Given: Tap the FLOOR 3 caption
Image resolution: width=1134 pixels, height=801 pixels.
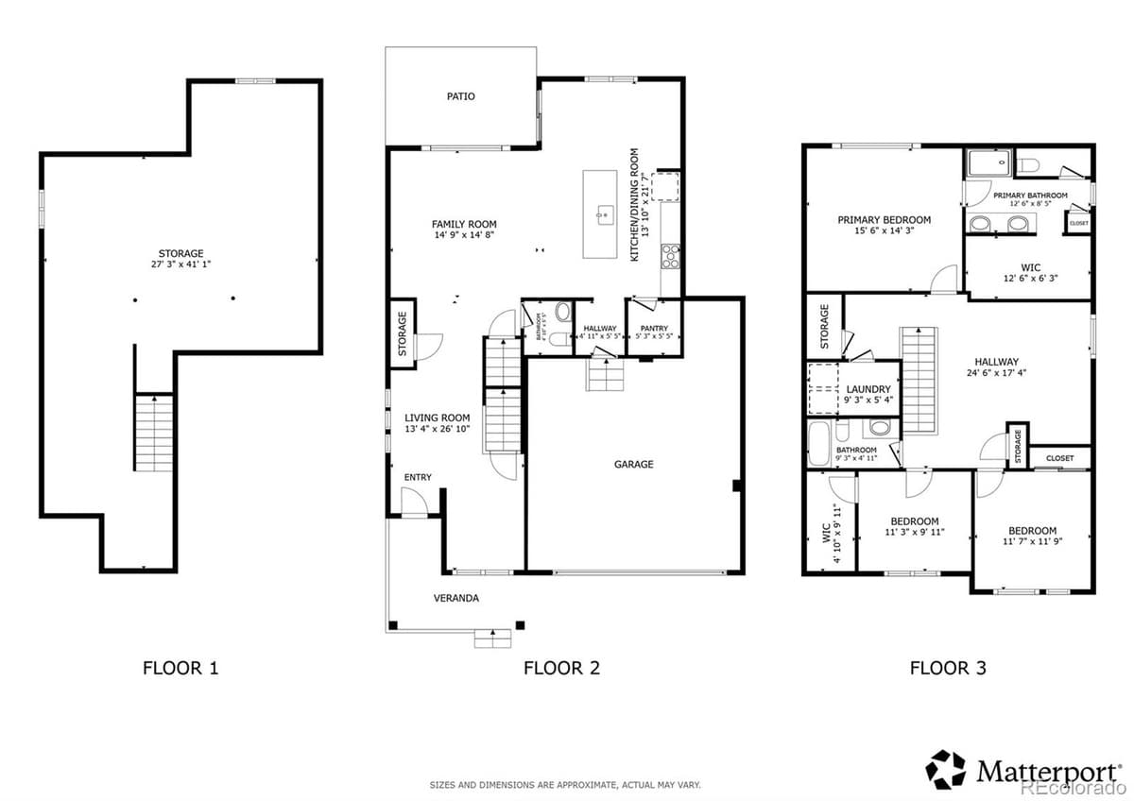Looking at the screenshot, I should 948,669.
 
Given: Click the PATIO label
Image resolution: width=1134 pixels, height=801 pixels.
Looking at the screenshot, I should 461,96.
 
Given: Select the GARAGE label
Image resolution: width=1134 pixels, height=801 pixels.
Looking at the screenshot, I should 633,464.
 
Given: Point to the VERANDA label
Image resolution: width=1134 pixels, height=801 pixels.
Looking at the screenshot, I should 456,598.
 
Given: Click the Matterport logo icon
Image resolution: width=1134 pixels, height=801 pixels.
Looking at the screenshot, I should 945,770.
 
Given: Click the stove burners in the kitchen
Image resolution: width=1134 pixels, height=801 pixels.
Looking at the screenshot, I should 670,253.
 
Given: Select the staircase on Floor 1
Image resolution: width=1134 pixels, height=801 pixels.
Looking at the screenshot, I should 152,433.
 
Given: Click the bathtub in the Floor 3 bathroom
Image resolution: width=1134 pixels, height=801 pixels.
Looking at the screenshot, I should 819,443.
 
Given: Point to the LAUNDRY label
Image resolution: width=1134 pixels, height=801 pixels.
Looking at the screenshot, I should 868,389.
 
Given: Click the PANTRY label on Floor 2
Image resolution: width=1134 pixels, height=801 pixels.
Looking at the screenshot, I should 654,329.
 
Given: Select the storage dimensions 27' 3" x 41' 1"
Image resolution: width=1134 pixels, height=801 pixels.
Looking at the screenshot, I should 180,265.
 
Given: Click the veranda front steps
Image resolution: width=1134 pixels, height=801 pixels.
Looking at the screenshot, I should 492,639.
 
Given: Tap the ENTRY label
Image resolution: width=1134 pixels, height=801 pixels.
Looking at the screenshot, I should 418,477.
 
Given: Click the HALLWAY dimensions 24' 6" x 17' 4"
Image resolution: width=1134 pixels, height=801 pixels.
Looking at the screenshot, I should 996,374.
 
